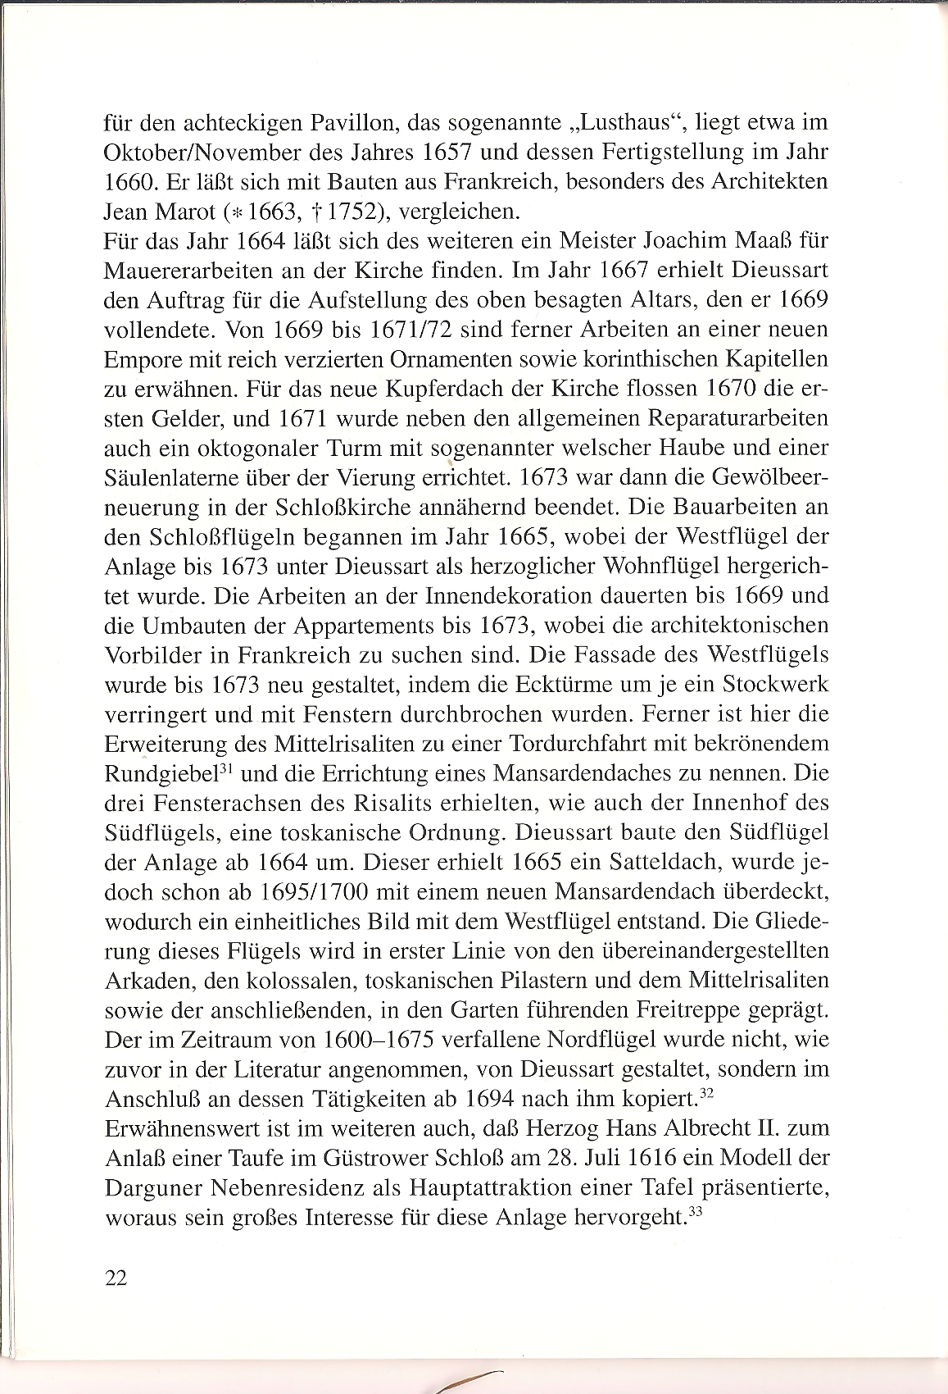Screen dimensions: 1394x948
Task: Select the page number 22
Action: [116, 1278]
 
